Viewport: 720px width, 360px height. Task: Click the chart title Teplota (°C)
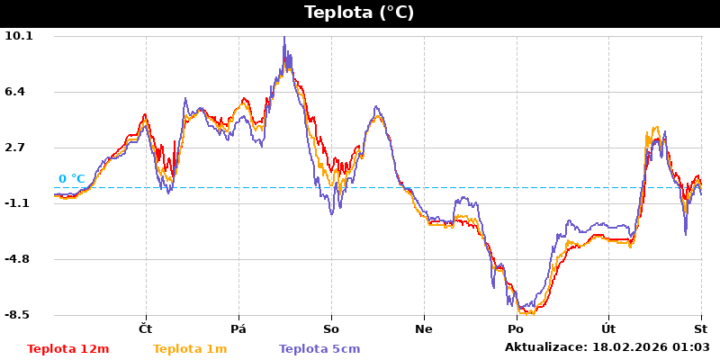tap(359, 13)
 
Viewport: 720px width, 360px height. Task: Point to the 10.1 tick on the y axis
tap(19, 36)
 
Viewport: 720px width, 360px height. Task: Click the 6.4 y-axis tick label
tap(19, 92)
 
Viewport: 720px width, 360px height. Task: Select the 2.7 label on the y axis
tap(19, 148)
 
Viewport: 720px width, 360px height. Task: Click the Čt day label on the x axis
tap(146, 328)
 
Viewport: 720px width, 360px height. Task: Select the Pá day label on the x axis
tap(238, 328)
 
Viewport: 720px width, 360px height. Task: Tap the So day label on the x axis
tap(331, 328)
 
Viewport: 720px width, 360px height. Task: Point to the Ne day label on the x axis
tap(424, 328)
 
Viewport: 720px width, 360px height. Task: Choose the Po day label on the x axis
tap(517, 328)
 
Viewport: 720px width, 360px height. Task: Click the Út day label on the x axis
tap(608, 328)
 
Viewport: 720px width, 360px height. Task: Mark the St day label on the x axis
tap(700, 328)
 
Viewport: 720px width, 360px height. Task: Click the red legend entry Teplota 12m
tap(68, 349)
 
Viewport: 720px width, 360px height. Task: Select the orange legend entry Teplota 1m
tap(190, 349)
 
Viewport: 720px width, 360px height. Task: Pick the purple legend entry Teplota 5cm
tap(319, 349)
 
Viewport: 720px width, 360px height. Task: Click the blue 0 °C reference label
tap(72, 179)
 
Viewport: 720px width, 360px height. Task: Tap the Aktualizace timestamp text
tap(607, 347)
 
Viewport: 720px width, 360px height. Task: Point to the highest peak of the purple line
tap(284, 38)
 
